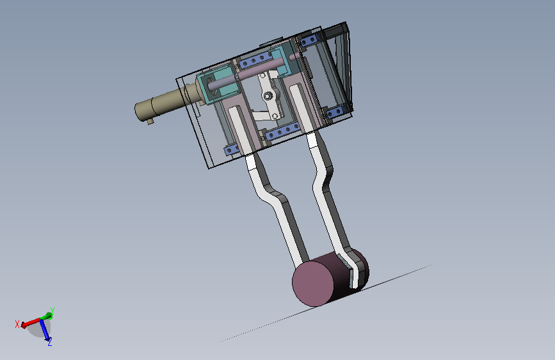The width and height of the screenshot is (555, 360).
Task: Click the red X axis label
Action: (17, 324)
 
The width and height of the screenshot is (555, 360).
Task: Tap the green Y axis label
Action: (52, 311)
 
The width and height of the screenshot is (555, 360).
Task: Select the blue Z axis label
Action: (50, 341)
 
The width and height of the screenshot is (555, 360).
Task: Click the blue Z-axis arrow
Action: (45, 330)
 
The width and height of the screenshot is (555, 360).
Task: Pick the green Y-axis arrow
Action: (47, 316)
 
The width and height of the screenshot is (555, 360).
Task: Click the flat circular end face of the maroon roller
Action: (313, 284)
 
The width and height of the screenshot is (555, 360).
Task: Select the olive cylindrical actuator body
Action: (165, 102)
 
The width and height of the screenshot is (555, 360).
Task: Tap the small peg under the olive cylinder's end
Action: (150, 122)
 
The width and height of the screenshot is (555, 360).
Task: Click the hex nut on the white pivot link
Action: (268, 95)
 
